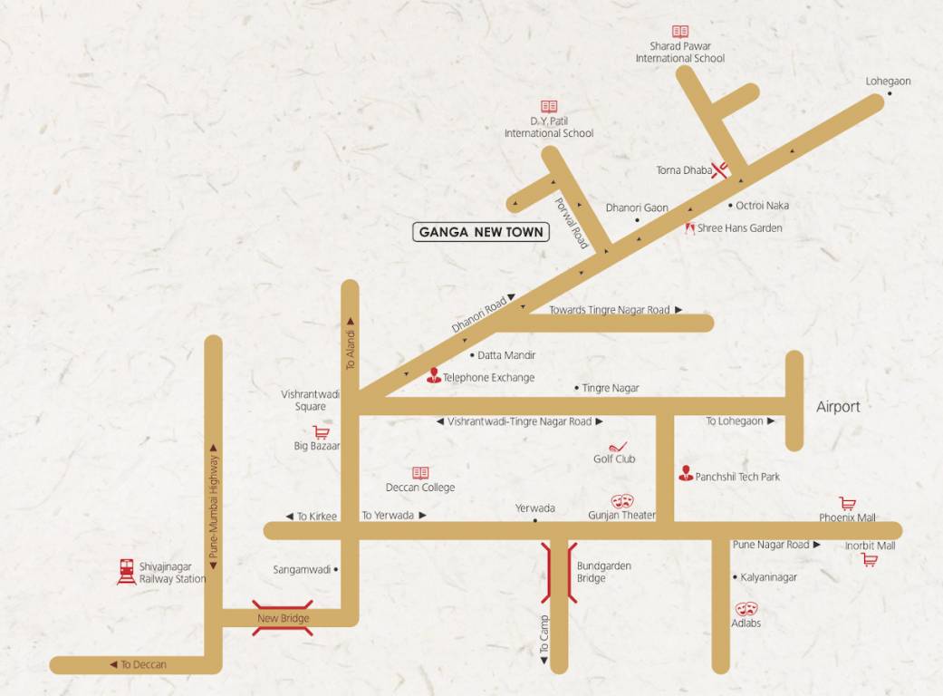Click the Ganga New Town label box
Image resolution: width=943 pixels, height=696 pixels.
coord(481,232)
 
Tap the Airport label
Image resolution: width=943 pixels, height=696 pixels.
coord(838,407)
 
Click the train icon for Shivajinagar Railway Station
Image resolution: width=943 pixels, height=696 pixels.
coord(127,571)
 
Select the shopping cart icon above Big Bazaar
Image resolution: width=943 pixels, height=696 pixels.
coord(320,432)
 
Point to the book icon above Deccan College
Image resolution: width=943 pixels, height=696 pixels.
coord(420,473)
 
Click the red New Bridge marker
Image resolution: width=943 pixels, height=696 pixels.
coord(283,617)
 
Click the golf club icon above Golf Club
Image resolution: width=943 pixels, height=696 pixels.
coord(616,447)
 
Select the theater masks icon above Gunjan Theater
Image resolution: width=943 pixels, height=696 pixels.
coord(621,501)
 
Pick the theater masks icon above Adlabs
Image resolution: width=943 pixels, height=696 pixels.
coord(746,609)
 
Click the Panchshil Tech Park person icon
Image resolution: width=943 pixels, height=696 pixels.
coord(686,474)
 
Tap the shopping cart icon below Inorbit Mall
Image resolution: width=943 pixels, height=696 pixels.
coord(870,560)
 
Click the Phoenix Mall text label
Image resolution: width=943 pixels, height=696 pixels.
coord(847,518)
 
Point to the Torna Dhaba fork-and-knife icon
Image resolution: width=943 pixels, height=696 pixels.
coord(721,169)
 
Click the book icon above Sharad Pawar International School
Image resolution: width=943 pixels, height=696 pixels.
coord(679,32)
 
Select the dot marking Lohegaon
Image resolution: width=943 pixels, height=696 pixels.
coord(889,93)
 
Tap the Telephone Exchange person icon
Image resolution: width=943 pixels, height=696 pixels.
coord(433,375)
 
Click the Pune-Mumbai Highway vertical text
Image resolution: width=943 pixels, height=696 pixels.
coord(214,506)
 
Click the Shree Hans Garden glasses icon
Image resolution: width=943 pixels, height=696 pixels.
coord(689,227)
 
